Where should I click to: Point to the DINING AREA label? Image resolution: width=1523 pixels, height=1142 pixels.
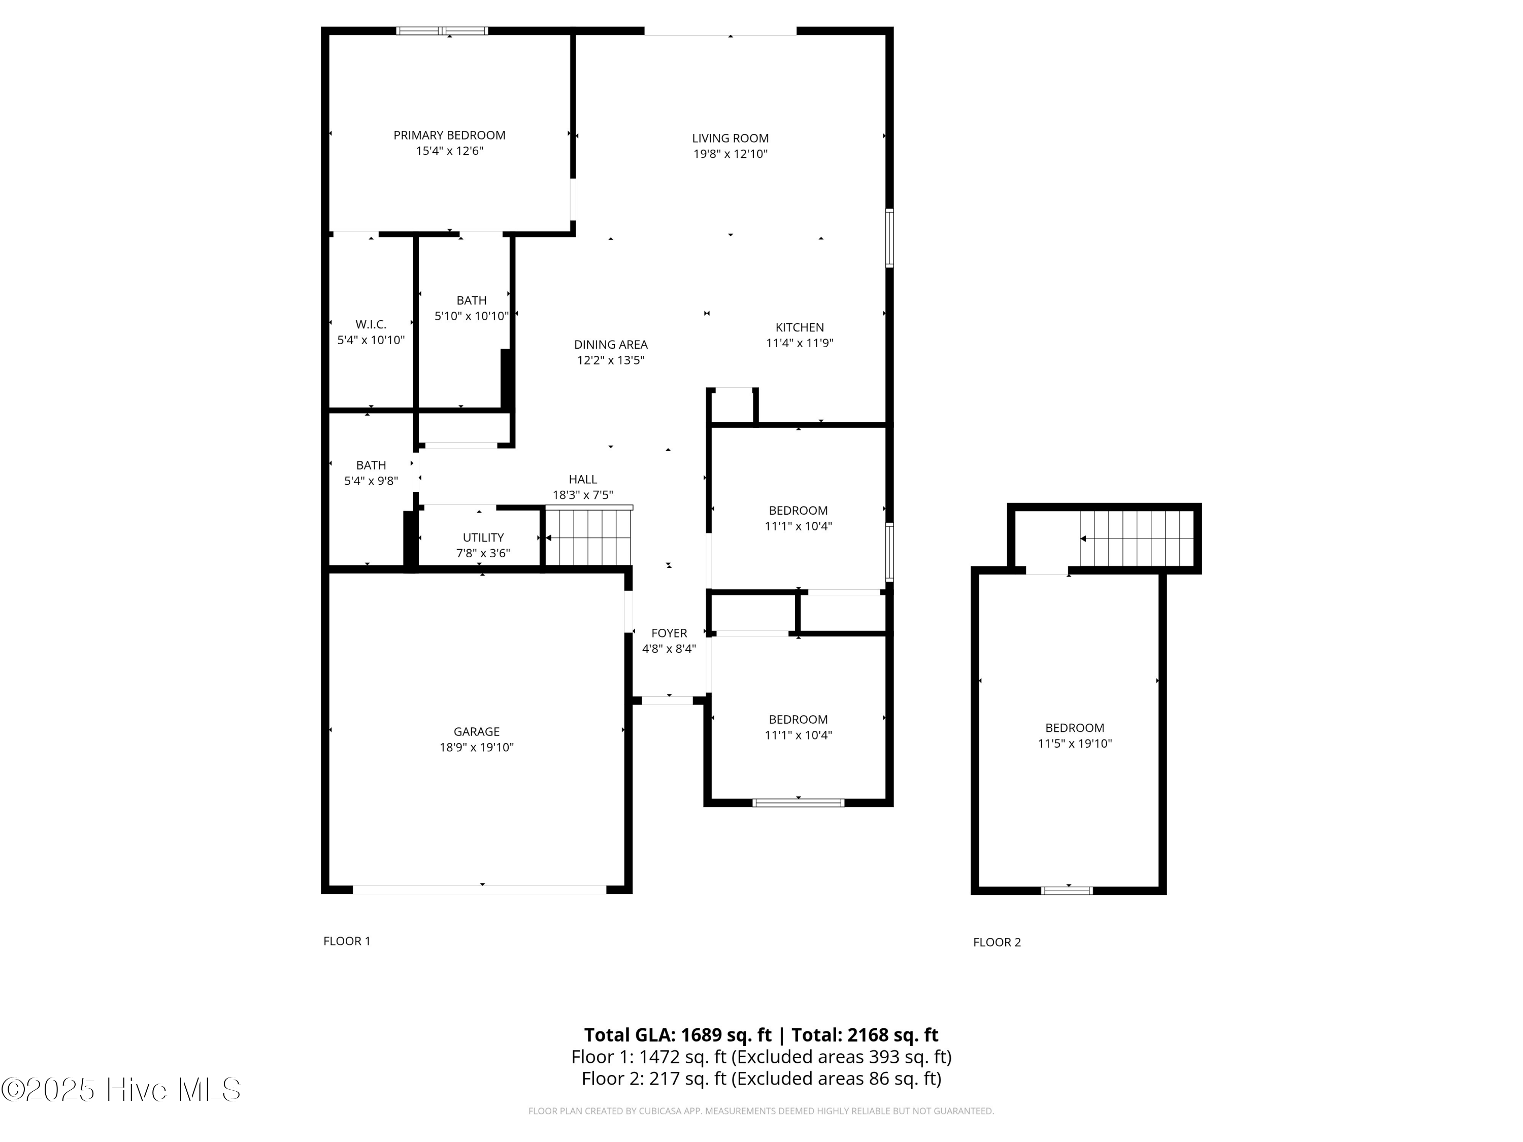611,345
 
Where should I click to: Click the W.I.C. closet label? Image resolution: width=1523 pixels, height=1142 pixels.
371,324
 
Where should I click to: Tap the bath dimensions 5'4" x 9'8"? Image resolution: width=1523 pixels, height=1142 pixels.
371,481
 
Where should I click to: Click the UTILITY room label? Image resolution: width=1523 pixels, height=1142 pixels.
483,538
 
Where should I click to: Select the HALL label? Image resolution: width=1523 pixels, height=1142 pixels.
582,480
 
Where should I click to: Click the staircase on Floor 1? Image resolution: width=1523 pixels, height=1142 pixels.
589,537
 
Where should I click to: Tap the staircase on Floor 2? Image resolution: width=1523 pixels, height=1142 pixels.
1136,539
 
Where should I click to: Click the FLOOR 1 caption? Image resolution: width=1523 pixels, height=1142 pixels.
347,941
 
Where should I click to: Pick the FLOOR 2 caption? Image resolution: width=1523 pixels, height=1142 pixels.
996,943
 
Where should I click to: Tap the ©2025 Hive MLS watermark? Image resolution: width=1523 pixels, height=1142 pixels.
121,1090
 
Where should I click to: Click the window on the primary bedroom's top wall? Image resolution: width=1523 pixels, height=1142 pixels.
442,31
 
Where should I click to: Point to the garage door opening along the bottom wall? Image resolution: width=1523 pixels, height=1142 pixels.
479,889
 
